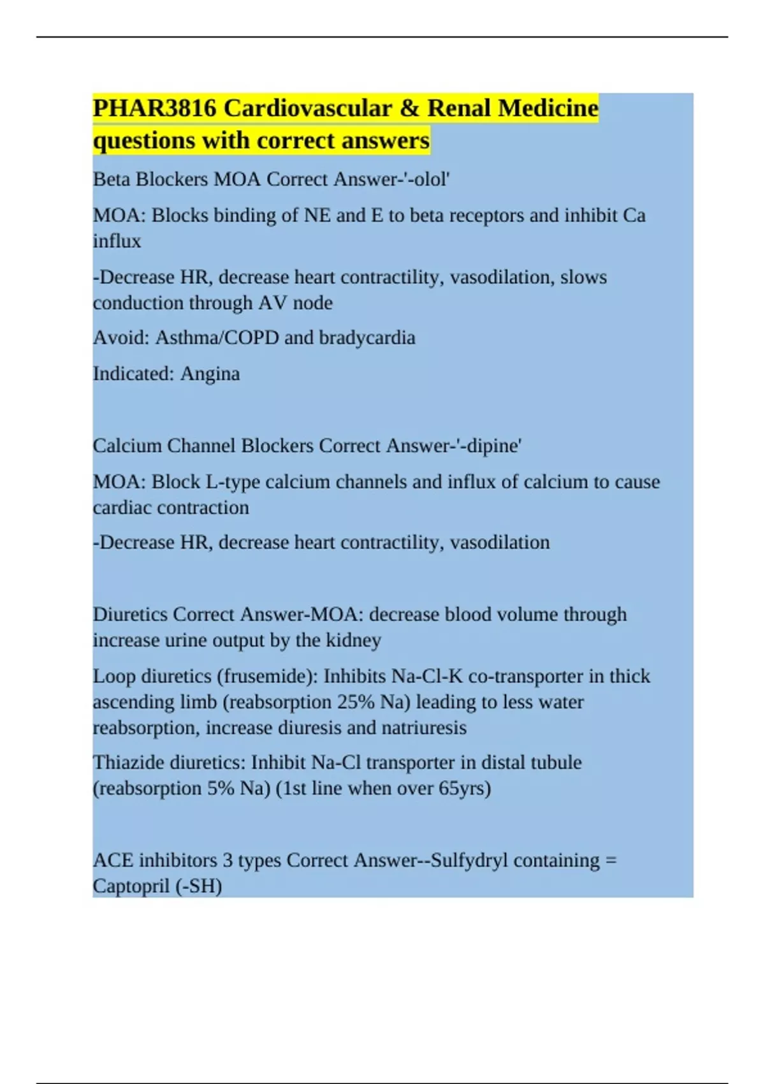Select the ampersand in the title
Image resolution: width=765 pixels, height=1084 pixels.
(409, 108)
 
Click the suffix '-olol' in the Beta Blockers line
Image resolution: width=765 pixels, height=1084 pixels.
(429, 179)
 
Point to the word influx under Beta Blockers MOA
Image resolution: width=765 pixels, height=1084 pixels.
(117, 241)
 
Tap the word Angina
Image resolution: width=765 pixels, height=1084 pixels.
(210, 374)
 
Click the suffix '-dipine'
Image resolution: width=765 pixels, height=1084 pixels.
(490, 446)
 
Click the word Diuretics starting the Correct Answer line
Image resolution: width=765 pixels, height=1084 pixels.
(129, 614)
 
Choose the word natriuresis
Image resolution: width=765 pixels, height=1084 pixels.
(424, 728)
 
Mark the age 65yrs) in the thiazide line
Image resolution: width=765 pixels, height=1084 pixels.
(465, 788)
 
